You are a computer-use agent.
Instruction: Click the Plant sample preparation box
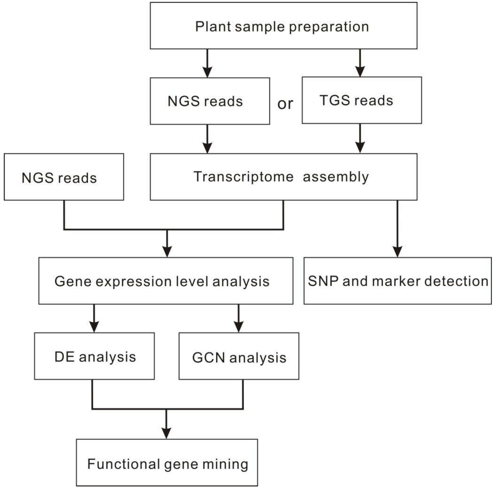point(283,26)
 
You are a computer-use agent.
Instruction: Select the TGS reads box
point(362,100)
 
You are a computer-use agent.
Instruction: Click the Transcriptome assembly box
point(283,177)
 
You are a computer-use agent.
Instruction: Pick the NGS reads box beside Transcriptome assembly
point(64,177)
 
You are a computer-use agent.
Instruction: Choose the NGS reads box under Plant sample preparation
point(210,101)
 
